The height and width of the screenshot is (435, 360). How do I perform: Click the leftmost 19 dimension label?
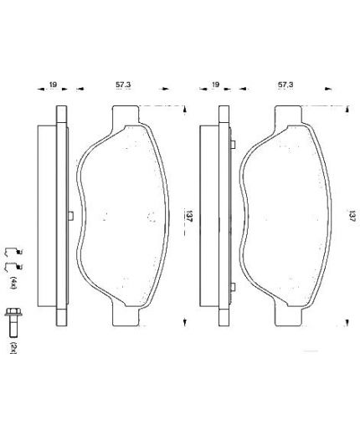[x=53, y=84]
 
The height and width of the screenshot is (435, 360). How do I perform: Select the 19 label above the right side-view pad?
[x=215, y=84]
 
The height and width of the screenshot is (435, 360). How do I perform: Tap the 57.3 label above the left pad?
[x=123, y=84]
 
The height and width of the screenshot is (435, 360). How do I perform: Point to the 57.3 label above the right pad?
[x=285, y=84]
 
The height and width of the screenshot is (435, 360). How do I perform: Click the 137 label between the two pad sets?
[x=189, y=216]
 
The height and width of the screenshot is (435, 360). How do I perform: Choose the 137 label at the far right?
[x=351, y=216]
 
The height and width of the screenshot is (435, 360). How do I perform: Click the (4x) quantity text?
[x=13, y=283]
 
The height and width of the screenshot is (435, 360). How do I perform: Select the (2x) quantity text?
[x=13, y=347]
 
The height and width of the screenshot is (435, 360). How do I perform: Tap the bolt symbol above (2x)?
[x=13, y=322]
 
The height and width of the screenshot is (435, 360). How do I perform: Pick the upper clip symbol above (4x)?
[x=13, y=252]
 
